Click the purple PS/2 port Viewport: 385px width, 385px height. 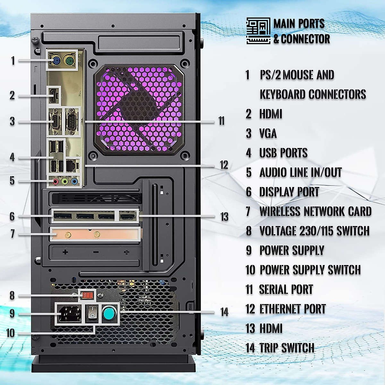(56, 60)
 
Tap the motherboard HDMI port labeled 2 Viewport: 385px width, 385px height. (54, 95)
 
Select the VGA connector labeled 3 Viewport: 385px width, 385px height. (56, 122)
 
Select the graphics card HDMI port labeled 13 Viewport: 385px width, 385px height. (128, 216)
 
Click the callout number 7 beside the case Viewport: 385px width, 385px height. (13, 234)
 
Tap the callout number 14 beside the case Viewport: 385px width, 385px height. (224, 312)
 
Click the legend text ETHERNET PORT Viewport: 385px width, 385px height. (292, 309)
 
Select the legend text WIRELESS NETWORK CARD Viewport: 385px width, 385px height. (315, 211)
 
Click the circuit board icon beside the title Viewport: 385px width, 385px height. (258, 31)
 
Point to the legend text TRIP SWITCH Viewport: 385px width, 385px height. (287, 348)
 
